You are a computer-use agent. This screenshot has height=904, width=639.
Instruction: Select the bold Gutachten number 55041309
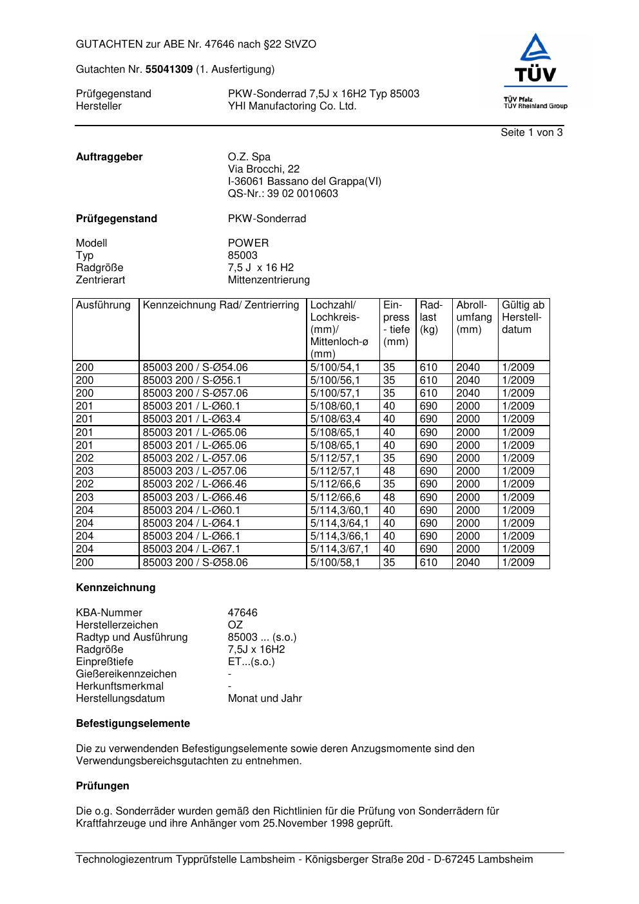tap(169, 69)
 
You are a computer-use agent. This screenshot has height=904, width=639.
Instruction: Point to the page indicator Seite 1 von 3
tap(531, 133)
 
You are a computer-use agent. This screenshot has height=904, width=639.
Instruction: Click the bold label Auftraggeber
tap(109, 157)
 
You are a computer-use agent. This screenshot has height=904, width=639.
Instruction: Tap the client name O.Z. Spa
tap(249, 157)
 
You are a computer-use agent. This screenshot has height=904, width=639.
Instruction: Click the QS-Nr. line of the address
tap(283, 194)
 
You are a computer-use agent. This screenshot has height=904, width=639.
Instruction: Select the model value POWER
tap(248, 243)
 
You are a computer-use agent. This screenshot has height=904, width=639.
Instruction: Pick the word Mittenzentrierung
tap(269, 280)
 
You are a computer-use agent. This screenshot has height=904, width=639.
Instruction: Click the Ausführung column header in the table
tap(103, 305)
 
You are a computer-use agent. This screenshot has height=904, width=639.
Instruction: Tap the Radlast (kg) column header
tap(431, 317)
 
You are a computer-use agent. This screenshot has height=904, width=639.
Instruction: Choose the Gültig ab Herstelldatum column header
tap(522, 317)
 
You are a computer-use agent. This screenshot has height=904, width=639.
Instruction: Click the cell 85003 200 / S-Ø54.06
tap(195, 368)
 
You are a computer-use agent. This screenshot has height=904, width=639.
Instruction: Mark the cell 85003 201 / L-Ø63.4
tap(191, 419)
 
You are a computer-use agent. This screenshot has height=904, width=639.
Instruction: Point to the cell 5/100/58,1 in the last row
tap(335, 563)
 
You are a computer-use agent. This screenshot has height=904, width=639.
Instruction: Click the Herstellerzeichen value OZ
tap(235, 625)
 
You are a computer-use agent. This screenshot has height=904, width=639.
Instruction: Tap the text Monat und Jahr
tap(265, 699)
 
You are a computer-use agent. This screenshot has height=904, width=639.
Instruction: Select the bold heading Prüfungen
tap(102, 786)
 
